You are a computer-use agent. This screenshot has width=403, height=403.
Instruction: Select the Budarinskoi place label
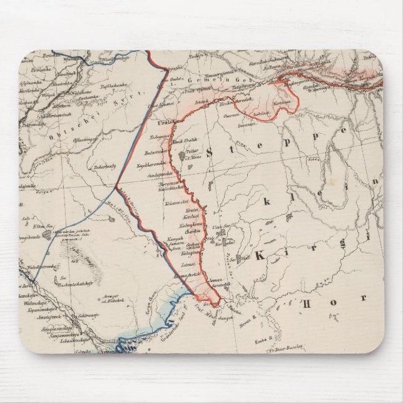pyautogui.click(x=153, y=152)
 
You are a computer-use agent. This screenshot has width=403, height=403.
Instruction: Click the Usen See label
pyautogui.click(x=218, y=227)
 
